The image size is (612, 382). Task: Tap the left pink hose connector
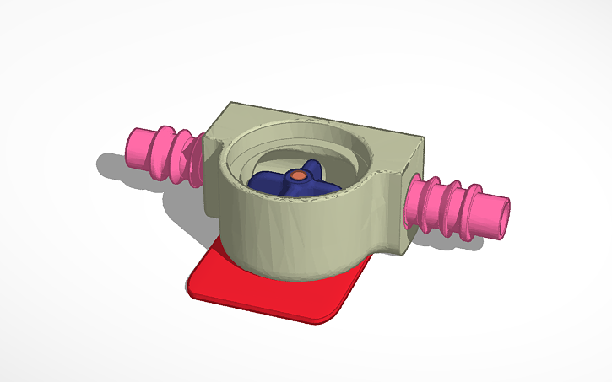[165, 154]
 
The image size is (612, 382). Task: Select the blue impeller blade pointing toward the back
[311, 165]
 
